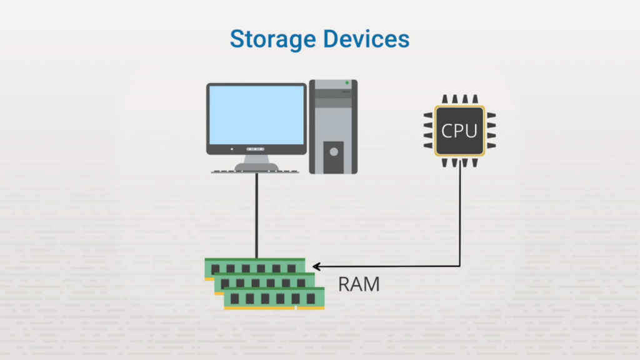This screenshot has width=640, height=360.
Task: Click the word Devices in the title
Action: coord(366,39)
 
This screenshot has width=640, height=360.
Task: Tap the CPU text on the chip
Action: coord(459,131)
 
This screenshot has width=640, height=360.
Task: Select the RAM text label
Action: coord(359,284)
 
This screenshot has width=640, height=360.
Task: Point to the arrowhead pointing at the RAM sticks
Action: coord(316,266)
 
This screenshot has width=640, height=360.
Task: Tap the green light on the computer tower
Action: coord(347,83)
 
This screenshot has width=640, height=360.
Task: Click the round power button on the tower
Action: coord(333,151)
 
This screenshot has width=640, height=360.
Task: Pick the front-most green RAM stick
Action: coord(274,299)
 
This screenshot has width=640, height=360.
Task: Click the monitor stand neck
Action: coord(256,160)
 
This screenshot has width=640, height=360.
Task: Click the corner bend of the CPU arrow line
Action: coord(461,266)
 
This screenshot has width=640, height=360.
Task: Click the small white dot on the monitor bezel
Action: coord(232,149)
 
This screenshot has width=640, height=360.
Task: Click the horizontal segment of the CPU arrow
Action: coord(387,266)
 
